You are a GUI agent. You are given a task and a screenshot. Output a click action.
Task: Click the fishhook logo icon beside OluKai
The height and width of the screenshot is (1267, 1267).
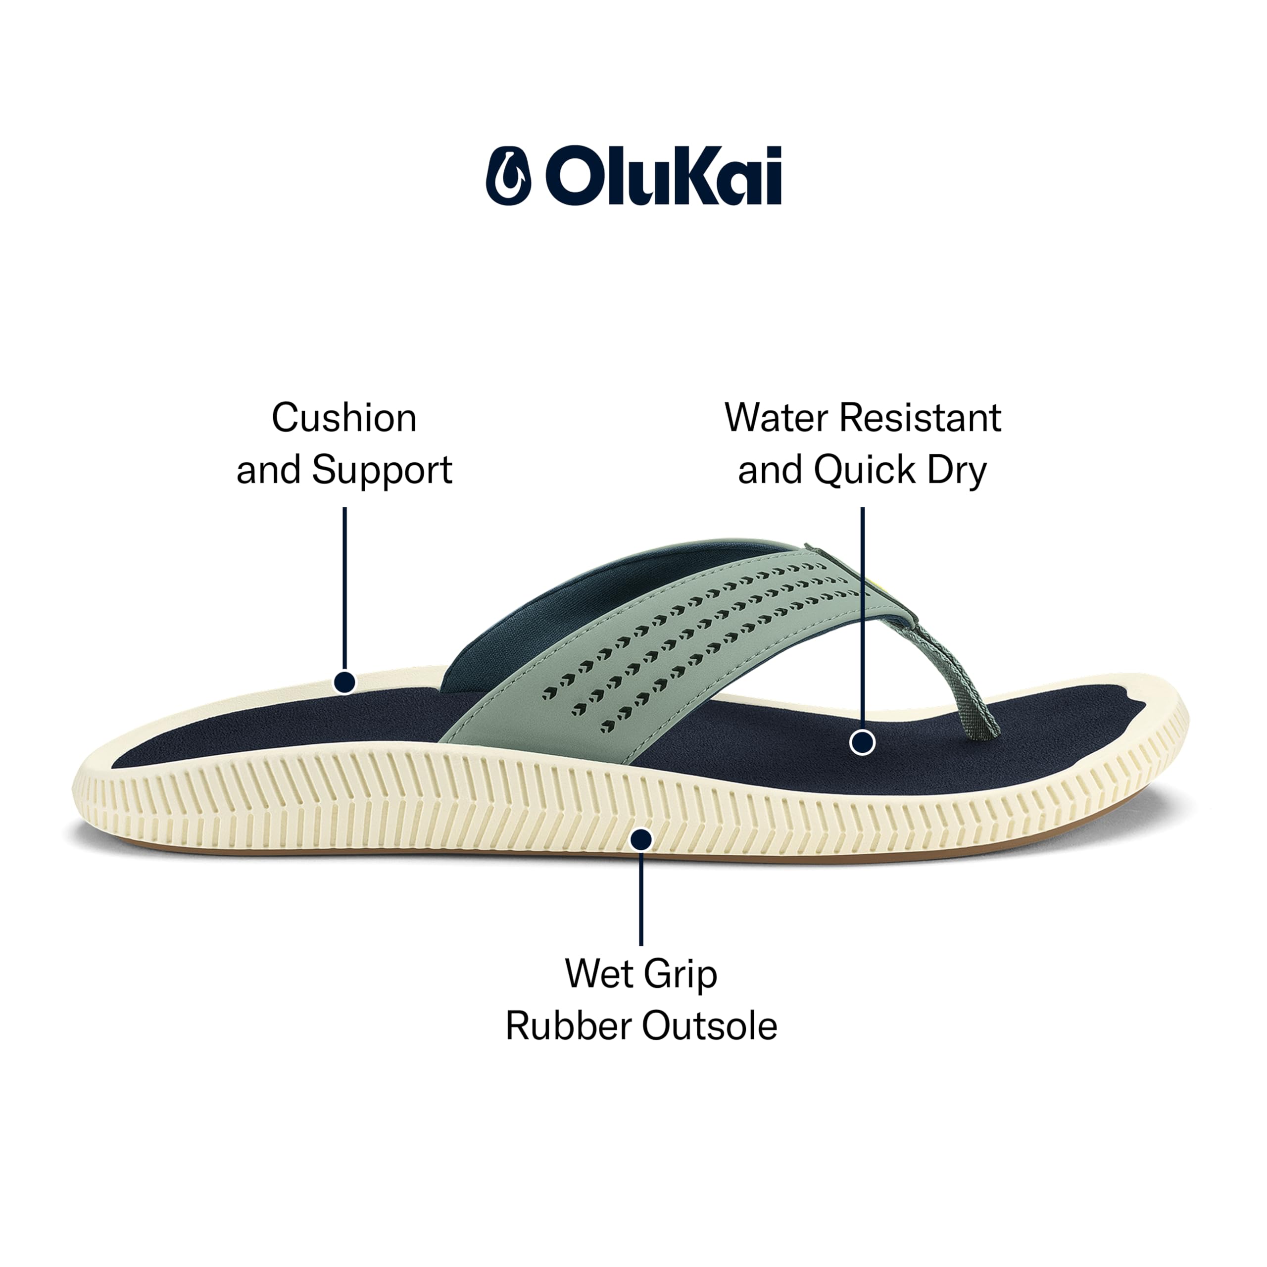point(508,175)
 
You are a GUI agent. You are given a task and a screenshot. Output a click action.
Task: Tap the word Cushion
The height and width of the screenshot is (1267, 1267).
point(344,418)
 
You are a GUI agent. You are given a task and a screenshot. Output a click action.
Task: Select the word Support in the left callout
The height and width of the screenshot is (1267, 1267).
point(382,471)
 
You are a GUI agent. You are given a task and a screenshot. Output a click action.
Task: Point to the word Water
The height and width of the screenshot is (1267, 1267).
point(776,418)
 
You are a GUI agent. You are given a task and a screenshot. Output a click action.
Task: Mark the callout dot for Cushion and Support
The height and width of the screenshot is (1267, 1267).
point(344,682)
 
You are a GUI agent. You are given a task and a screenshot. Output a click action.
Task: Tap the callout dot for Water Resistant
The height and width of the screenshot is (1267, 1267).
point(862,743)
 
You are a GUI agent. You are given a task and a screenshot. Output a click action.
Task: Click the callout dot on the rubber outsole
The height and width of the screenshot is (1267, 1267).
point(641,839)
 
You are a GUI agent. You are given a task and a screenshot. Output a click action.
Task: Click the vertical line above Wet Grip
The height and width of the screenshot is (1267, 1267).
point(641,898)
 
